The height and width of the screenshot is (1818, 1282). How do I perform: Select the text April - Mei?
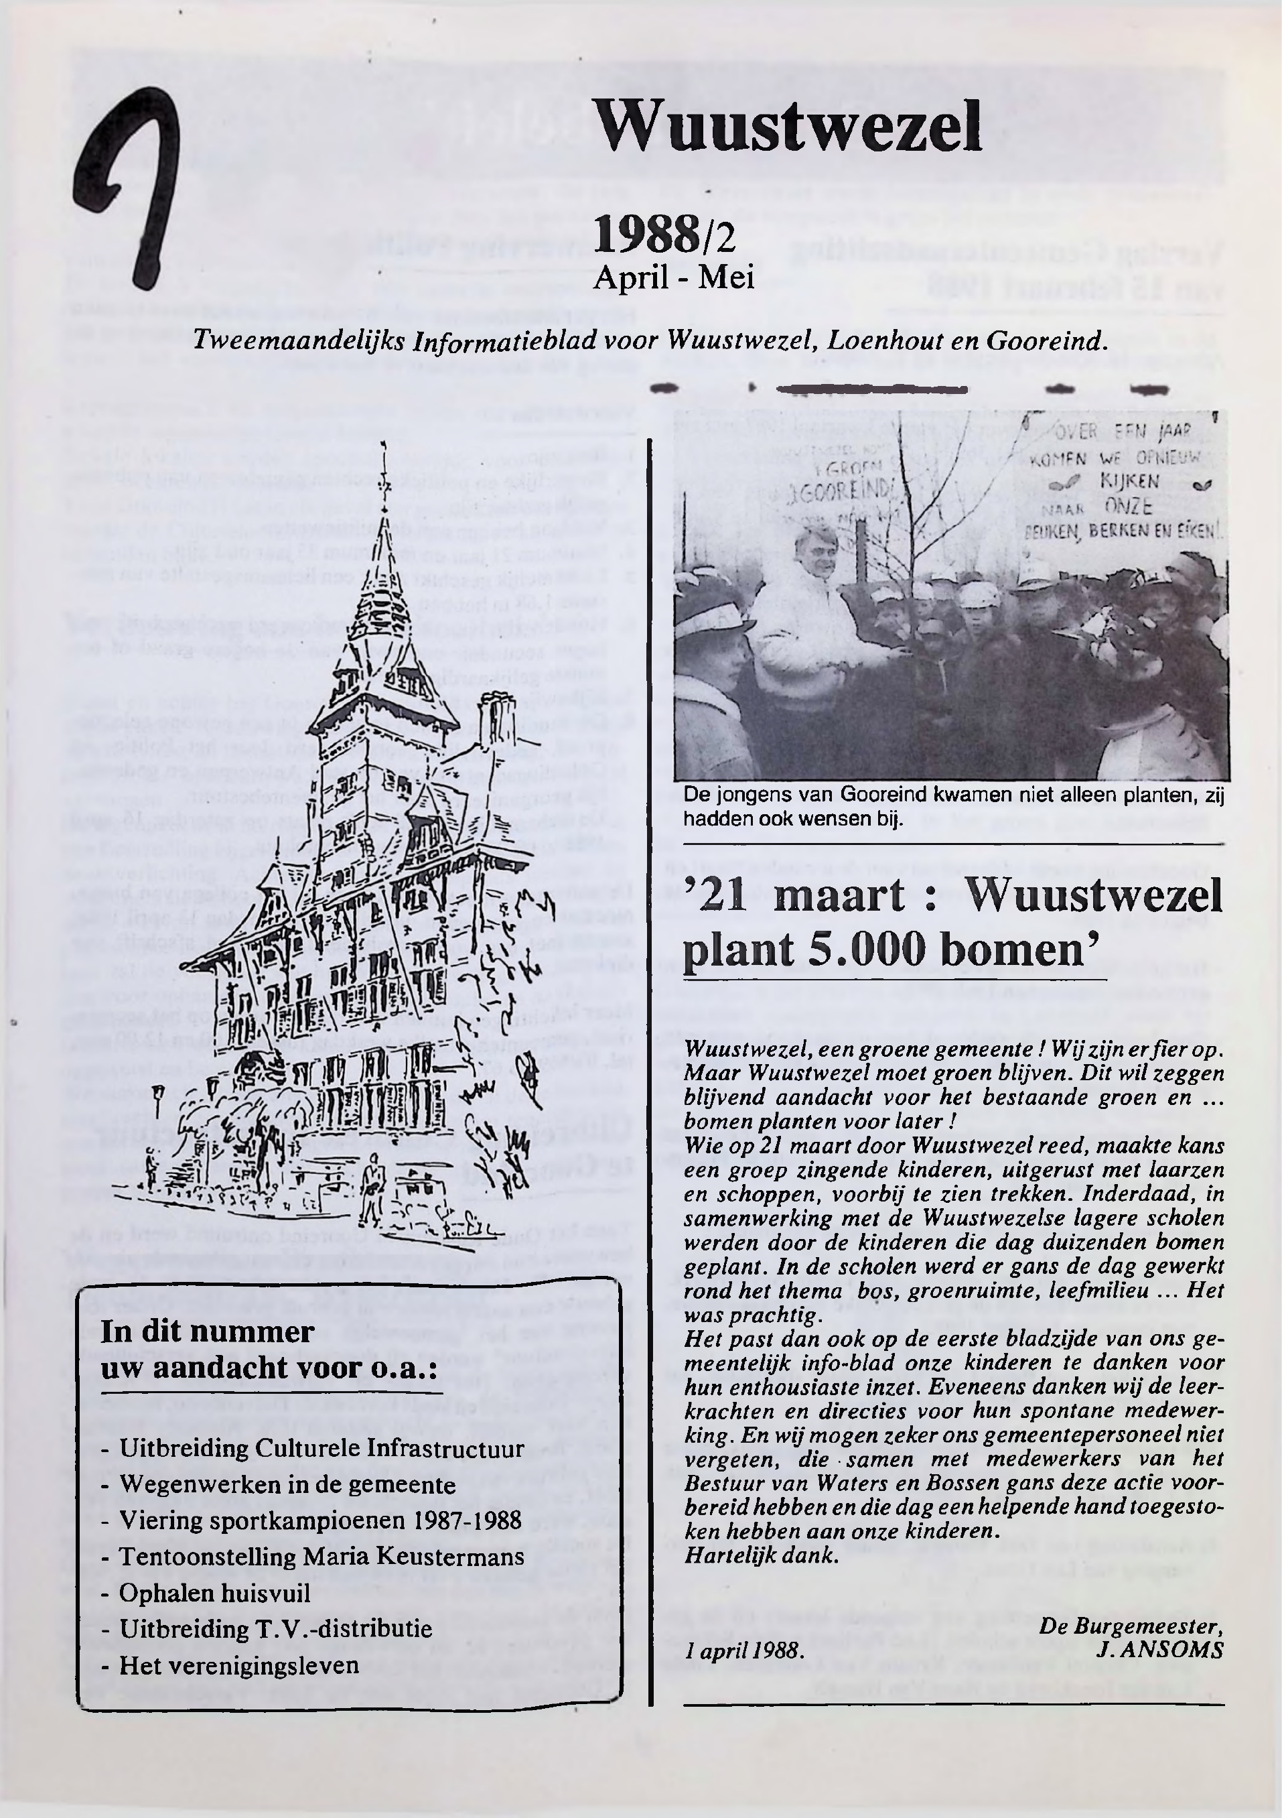673,277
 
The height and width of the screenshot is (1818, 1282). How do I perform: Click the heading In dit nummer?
208,1331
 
